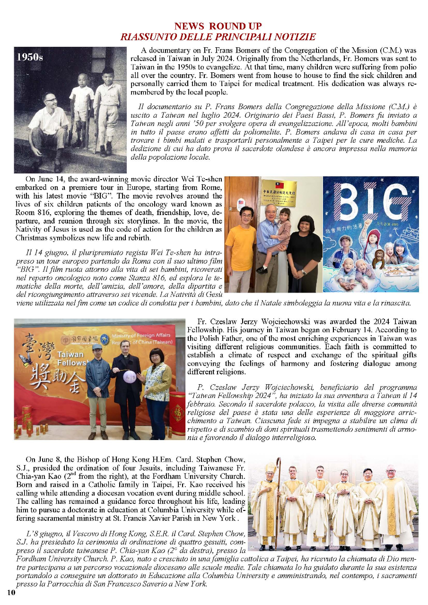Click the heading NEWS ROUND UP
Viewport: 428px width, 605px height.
pos(218,26)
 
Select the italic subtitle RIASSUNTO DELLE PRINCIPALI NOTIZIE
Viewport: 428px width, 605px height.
pos(218,36)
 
